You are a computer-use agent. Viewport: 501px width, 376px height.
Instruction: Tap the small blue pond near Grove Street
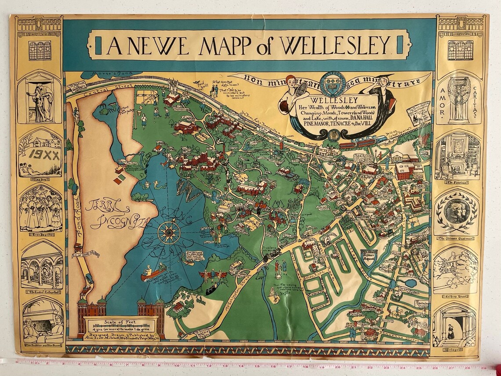pos(411,283)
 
